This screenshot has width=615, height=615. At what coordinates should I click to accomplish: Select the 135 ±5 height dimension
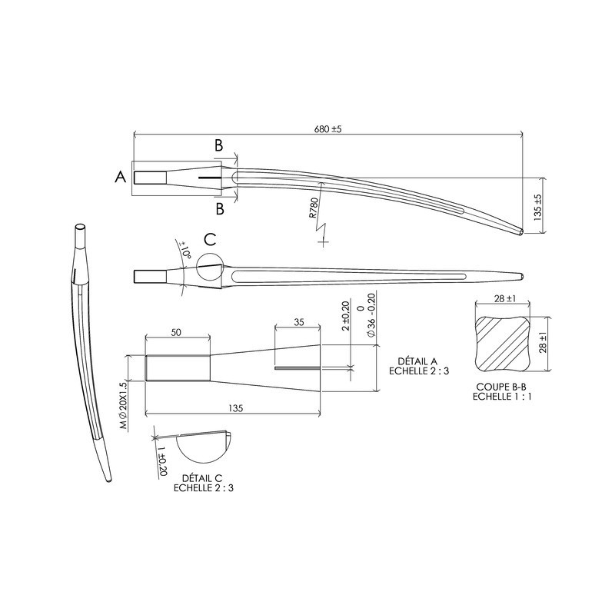[537, 204]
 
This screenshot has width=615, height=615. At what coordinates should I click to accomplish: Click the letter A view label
[120, 178]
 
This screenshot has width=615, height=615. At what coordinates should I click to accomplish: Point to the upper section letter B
[219, 145]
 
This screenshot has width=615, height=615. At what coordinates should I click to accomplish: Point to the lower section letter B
[220, 208]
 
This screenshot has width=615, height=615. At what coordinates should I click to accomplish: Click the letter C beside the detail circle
[210, 239]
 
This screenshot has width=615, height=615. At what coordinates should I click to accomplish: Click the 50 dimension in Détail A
[177, 332]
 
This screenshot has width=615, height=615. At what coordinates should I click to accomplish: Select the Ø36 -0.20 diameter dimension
[371, 317]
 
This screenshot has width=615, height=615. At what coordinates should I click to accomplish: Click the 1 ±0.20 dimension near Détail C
[162, 458]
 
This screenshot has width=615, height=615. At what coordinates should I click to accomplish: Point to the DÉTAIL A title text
[419, 361]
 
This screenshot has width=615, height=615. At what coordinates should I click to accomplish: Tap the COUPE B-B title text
[501, 388]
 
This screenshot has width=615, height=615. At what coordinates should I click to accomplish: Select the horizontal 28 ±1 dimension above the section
[503, 298]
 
